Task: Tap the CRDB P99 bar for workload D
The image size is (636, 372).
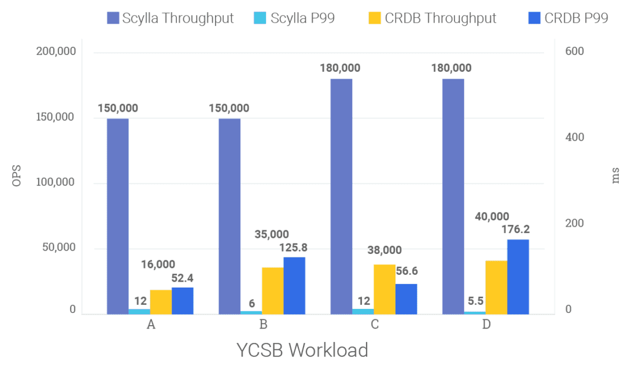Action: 518,277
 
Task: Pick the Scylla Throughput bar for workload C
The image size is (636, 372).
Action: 341,196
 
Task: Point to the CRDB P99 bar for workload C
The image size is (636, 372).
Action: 406,299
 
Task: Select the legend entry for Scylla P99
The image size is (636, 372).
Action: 295,18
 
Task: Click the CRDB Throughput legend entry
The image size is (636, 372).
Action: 432,18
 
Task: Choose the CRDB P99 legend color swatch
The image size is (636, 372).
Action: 535,18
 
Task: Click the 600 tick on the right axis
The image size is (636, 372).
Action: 575,51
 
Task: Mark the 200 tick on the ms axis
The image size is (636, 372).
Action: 574,223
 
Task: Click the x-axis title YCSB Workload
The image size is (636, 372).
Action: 302,350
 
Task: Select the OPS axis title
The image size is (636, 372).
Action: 17,176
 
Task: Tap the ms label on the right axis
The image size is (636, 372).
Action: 616,177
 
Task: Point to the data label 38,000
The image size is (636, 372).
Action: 384,251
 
